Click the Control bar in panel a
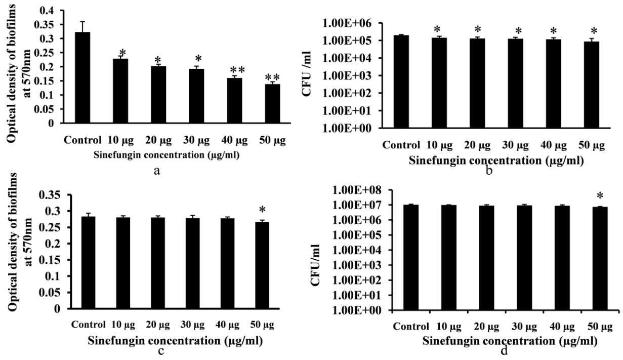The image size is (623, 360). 82,77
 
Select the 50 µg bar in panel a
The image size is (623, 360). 272,103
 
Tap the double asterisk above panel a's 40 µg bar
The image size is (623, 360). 237,70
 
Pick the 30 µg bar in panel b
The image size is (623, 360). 515,83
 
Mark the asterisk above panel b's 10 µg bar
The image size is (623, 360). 437,29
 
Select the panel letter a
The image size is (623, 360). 157,171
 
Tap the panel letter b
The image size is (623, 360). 489,170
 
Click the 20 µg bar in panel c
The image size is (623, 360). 158,263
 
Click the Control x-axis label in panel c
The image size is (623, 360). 88,325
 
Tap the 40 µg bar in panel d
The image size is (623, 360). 562,258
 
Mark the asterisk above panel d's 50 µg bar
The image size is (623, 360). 600,196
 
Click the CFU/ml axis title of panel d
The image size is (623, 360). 315,265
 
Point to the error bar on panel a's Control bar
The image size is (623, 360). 82,27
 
